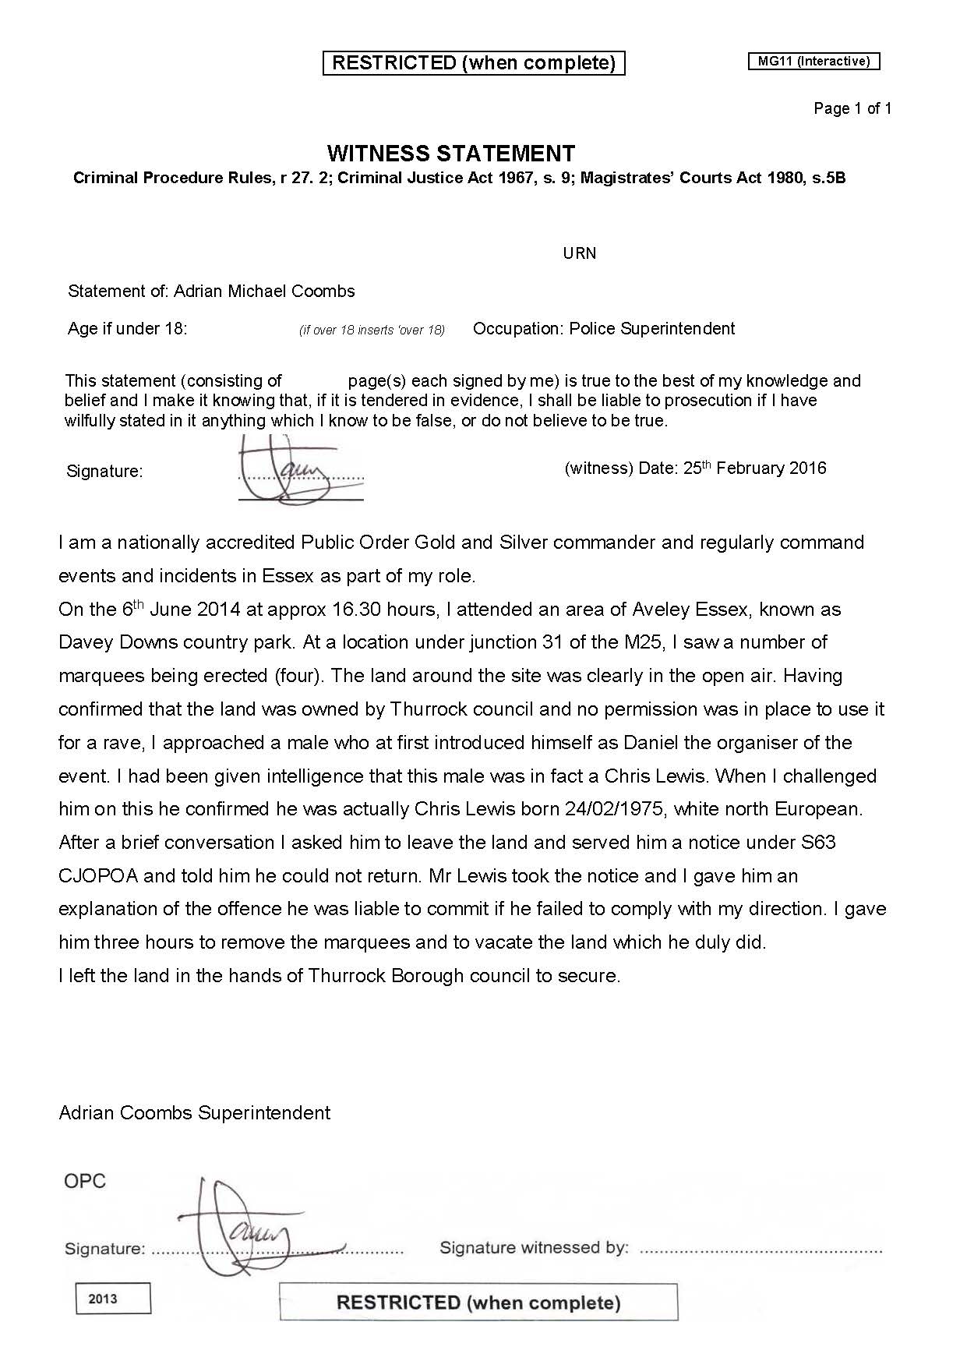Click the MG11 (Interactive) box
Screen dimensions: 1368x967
click(813, 62)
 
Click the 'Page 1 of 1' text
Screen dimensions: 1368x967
click(852, 108)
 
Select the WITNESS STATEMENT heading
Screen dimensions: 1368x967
click(450, 153)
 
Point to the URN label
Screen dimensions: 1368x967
click(579, 253)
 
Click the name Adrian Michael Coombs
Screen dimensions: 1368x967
click(264, 292)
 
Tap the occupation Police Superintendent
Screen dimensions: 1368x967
click(651, 329)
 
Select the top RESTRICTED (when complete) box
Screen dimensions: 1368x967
click(474, 63)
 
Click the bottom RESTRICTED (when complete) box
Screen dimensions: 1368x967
click(478, 1303)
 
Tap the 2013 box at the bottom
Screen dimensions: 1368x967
click(113, 1299)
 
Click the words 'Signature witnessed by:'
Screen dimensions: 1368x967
click(534, 1248)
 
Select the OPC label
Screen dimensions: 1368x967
click(84, 1181)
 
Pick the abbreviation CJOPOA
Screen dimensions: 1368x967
click(98, 876)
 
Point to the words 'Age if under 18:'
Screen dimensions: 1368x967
click(127, 329)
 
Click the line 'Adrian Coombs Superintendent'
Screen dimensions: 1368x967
click(194, 1112)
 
